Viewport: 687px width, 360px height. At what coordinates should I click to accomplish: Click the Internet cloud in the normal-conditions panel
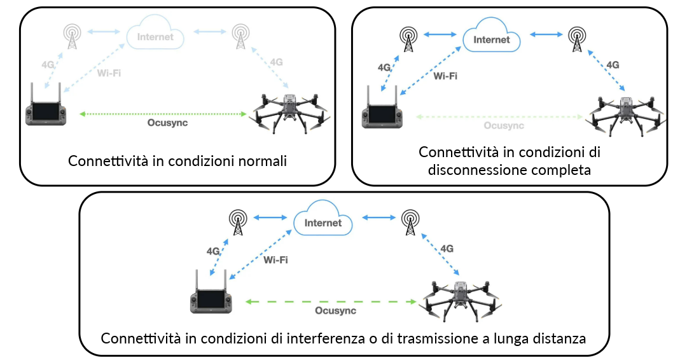coord(155,36)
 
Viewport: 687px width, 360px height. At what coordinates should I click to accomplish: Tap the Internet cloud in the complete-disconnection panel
coord(492,39)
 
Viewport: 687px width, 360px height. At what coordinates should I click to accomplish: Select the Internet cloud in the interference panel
coord(323,223)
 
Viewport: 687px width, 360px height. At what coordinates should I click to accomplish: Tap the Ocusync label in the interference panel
coord(335,311)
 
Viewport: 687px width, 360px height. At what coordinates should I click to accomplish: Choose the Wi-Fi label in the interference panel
coord(275,260)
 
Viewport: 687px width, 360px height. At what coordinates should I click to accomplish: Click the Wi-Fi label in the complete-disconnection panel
coord(445,76)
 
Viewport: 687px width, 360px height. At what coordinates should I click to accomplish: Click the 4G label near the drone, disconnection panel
coord(613,65)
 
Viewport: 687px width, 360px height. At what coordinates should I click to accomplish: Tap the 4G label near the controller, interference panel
coord(214,251)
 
